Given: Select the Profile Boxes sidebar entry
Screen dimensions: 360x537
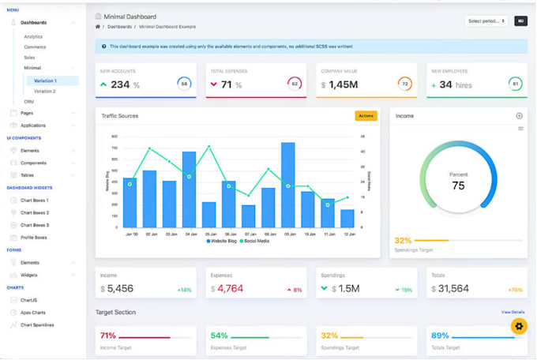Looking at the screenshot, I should pyautogui.click(x=34, y=237).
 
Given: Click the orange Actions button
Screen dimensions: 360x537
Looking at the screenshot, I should pyautogui.click(x=366, y=116).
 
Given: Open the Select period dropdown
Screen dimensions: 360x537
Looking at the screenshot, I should pyautogui.click(x=486, y=21).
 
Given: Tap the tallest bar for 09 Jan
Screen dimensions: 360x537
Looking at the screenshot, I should pyautogui.click(x=288, y=185).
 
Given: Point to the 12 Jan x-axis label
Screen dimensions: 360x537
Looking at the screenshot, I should pyautogui.click(x=347, y=234).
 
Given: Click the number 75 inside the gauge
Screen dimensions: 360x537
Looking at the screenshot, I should pyautogui.click(x=458, y=186).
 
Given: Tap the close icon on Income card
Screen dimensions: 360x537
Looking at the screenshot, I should pyautogui.click(x=519, y=115).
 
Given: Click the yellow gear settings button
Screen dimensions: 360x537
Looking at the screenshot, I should pyautogui.click(x=518, y=325).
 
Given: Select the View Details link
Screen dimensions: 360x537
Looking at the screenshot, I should pyautogui.click(x=513, y=313).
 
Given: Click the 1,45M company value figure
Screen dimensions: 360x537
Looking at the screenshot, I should pyautogui.click(x=344, y=84).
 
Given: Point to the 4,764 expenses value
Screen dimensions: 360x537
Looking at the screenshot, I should pyautogui.click(x=230, y=288).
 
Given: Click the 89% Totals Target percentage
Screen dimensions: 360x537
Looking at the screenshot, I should pyautogui.click(x=440, y=336).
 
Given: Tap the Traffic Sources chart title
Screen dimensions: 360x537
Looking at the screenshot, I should pyautogui.click(x=120, y=116).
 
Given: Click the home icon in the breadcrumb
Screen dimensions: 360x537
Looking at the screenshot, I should pyautogui.click(x=98, y=27).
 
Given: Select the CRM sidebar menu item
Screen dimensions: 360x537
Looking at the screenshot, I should pyautogui.click(x=28, y=102).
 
